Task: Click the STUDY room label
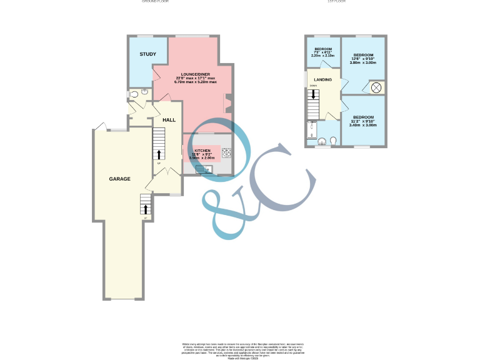(x=147, y=54)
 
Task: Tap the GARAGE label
(x=119, y=179)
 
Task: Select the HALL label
(x=169, y=119)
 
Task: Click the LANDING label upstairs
(x=323, y=79)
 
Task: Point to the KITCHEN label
(x=202, y=151)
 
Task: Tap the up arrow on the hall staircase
(x=159, y=154)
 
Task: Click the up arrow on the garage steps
(x=146, y=209)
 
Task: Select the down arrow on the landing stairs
(x=314, y=95)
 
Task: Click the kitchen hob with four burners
(x=226, y=152)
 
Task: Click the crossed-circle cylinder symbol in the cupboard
(x=376, y=88)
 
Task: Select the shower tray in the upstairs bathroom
(x=311, y=131)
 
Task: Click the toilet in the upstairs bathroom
(x=334, y=140)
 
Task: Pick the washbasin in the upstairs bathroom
(x=321, y=142)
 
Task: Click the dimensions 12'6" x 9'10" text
(x=363, y=59)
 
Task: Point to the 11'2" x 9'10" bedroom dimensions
(x=363, y=122)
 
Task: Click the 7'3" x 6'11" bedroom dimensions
(x=322, y=52)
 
